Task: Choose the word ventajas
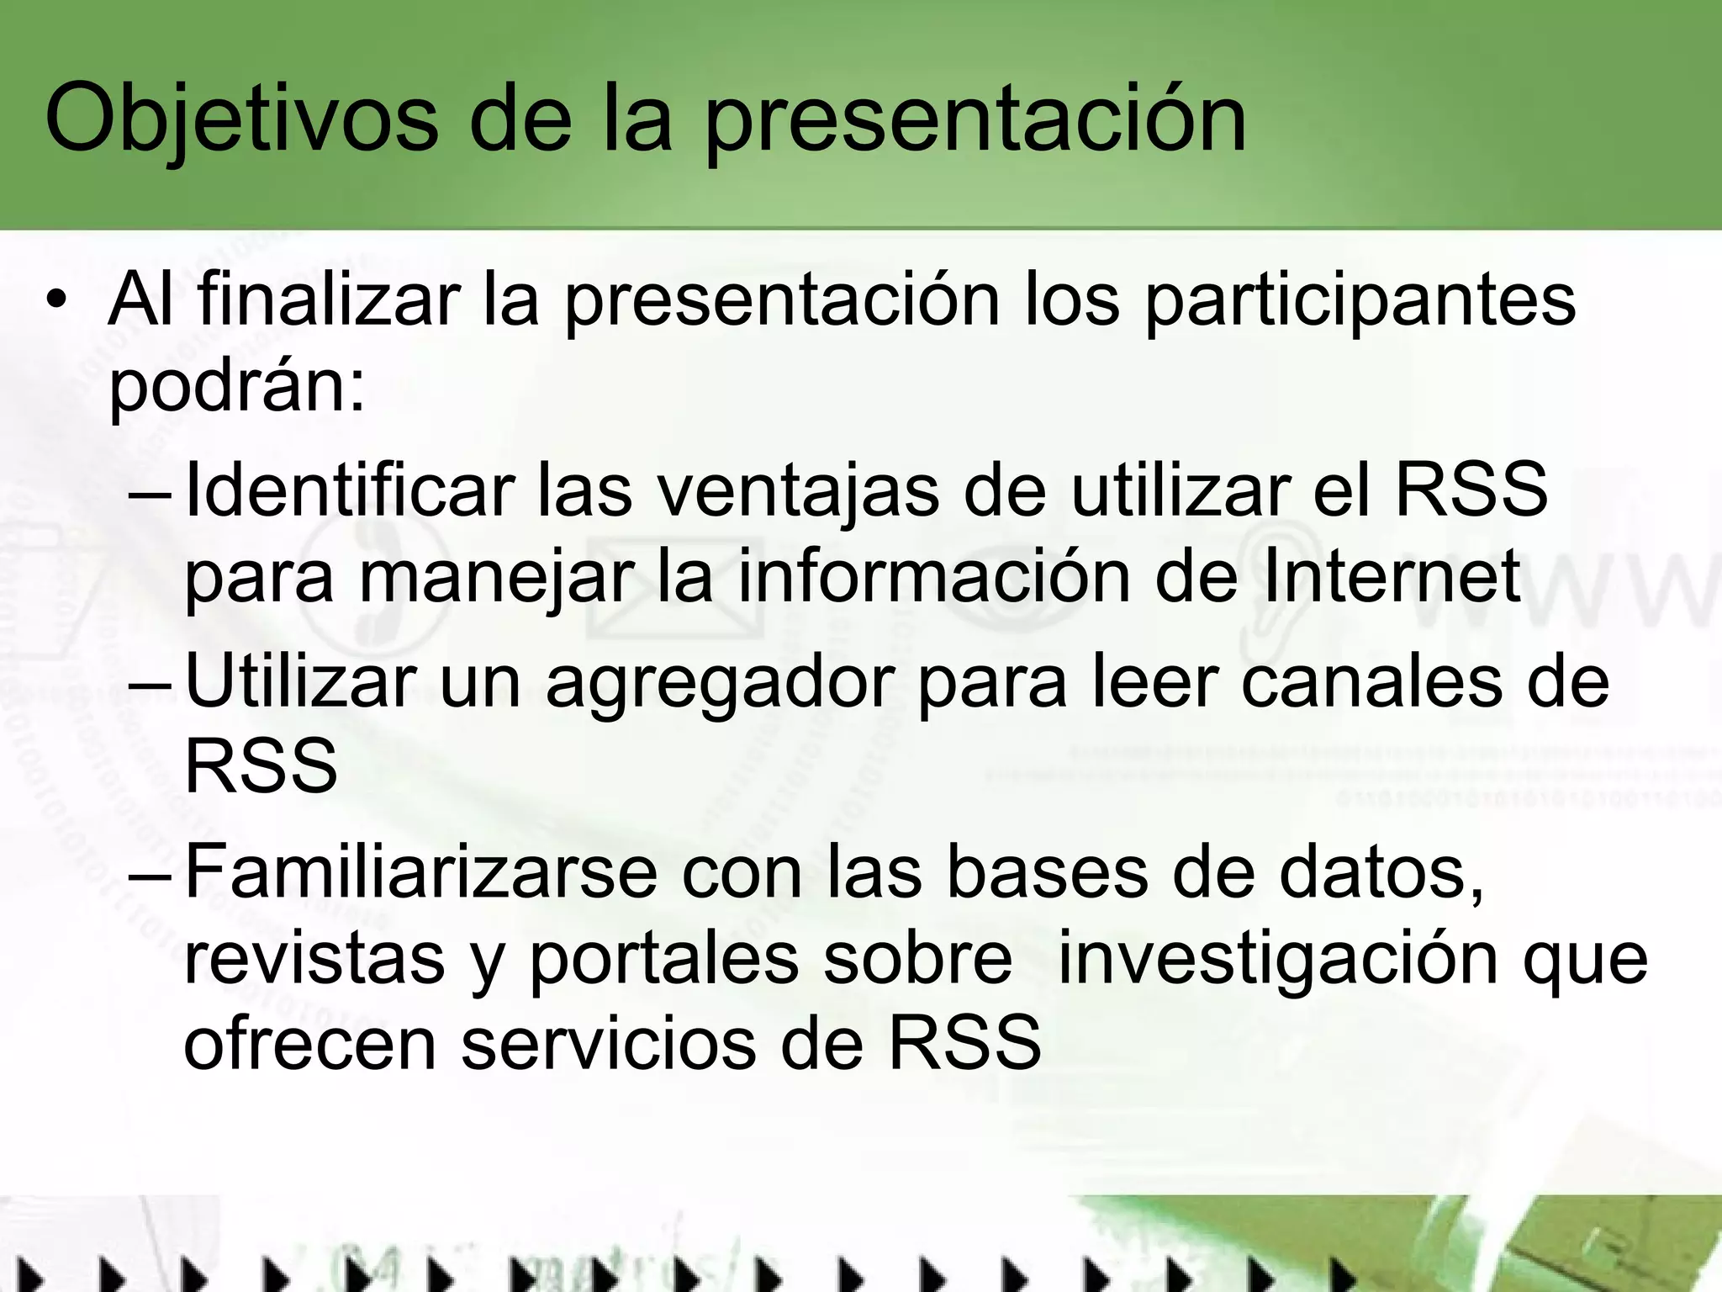tap(797, 492)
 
